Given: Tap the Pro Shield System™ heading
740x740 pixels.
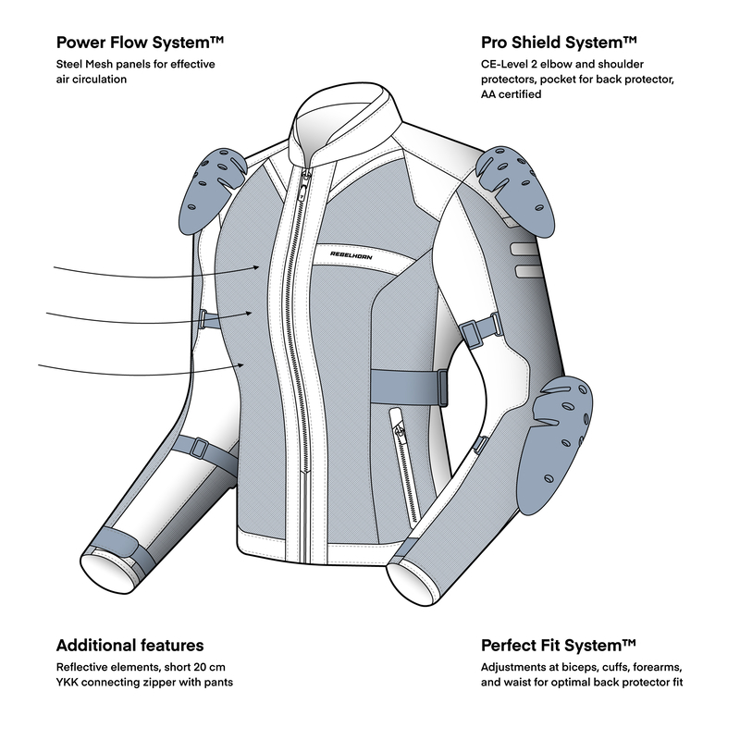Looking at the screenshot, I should pos(559,43).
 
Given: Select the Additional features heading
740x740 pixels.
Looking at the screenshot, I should pos(129,645).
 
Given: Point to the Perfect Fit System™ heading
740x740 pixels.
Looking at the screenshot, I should pos(559,645).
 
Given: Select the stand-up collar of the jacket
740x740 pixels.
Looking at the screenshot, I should pos(344,125).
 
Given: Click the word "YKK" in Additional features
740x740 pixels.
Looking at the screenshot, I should pos(69,684).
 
